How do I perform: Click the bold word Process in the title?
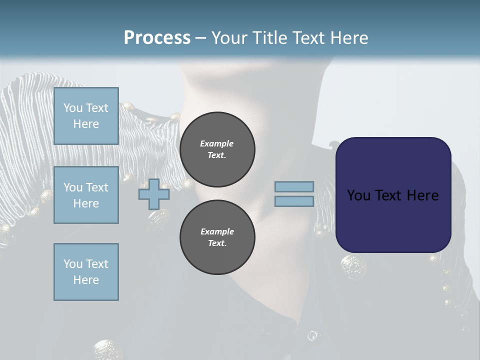tap(157, 37)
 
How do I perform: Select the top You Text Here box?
tap(86, 116)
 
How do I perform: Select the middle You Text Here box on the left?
tap(86, 195)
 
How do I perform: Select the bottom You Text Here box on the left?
tap(86, 272)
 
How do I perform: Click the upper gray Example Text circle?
tap(217, 149)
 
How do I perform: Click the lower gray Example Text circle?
tap(217, 237)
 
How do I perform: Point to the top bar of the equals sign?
tap(294, 187)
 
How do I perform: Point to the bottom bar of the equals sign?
tap(294, 201)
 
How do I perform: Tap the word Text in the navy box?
tap(392, 195)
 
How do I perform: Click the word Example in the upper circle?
tap(216, 143)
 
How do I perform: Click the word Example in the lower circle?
tap(216, 231)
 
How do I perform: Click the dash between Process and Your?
tap(201, 38)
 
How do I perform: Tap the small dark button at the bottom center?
tap(312, 335)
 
